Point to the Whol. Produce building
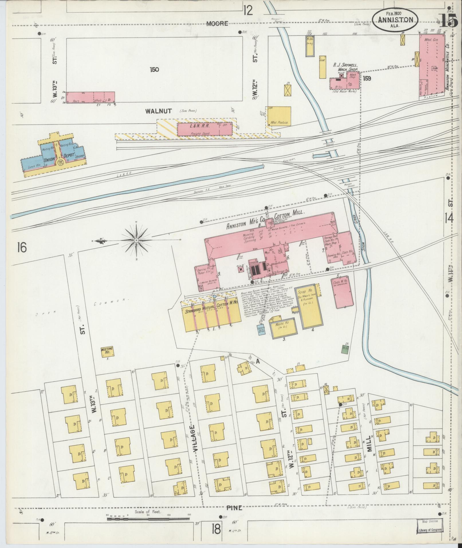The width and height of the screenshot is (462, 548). tap(279, 116)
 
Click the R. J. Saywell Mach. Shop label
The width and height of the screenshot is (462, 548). tap(346, 67)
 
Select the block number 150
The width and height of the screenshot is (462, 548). tap(154, 69)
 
